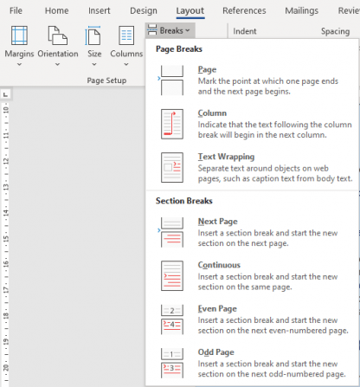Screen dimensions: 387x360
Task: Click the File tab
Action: point(16,10)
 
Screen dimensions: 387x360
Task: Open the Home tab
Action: point(56,10)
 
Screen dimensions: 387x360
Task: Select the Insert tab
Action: point(99,10)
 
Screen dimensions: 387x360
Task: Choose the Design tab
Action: point(143,10)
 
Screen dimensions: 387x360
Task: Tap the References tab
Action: point(244,10)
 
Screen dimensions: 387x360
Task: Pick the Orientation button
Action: point(58,45)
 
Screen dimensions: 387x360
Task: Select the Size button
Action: point(94,45)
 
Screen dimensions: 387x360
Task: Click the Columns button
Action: point(126,45)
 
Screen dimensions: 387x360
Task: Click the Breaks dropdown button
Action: point(167,29)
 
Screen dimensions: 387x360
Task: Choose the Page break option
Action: point(251,81)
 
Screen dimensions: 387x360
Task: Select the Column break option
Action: point(251,124)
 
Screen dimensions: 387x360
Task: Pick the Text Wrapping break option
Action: point(251,167)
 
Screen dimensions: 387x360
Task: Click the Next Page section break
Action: point(251,232)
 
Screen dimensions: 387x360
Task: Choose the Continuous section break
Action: point(251,275)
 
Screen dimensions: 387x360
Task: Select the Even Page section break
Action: point(251,319)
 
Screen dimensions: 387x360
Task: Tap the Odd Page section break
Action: point(251,362)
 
